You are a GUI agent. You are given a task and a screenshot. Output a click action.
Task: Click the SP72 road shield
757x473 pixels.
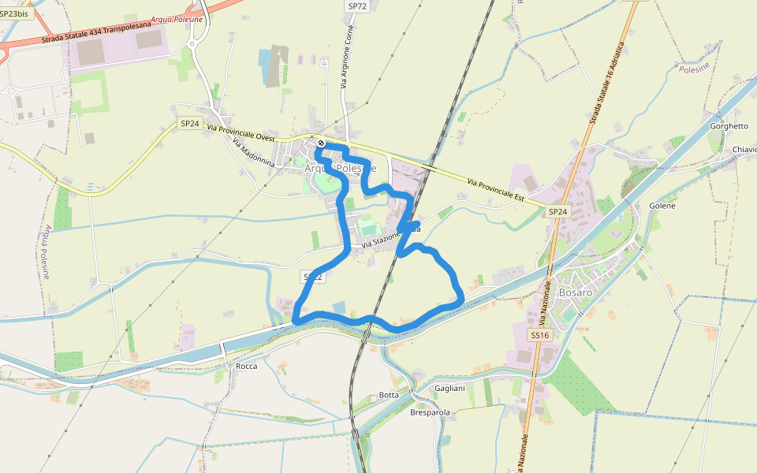(357, 6)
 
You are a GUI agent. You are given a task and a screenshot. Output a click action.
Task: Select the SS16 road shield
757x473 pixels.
(539, 335)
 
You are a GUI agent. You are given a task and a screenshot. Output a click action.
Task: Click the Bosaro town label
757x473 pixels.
(574, 292)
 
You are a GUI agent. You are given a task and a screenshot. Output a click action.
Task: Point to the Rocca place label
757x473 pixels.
(247, 366)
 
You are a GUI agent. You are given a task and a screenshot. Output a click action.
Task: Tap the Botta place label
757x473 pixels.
(389, 394)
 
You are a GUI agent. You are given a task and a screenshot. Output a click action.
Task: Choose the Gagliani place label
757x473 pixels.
(449, 388)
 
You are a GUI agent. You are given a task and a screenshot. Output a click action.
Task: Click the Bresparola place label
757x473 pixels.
(430, 412)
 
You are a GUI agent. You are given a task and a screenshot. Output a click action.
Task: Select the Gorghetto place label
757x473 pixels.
(729, 126)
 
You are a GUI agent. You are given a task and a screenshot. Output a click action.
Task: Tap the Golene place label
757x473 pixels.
(662, 206)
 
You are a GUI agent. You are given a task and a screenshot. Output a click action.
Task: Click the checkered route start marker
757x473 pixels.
(321, 143)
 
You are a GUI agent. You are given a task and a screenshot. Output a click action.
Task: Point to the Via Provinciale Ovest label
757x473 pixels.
(241, 132)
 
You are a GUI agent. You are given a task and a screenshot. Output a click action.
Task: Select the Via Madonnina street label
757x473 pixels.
(252, 152)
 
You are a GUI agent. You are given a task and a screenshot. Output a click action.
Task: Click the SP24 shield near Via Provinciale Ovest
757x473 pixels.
(189, 123)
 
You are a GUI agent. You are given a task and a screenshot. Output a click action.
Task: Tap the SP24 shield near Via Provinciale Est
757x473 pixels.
(557, 211)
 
